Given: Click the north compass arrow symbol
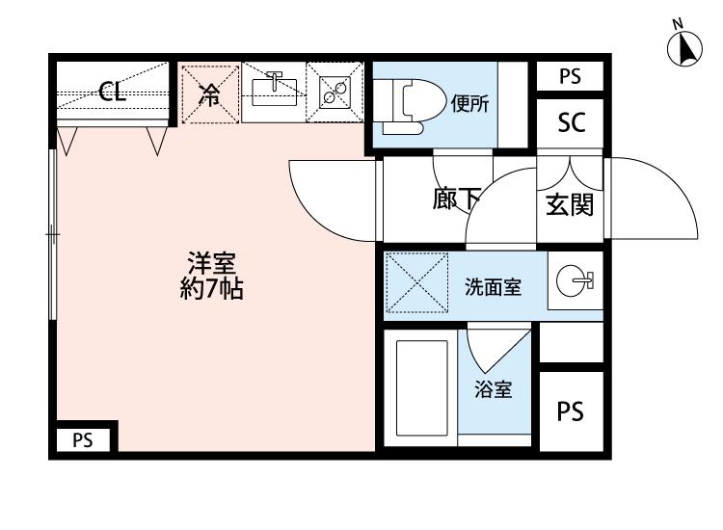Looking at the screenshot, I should [x=686, y=48].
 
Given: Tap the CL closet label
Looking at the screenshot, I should [x=112, y=93].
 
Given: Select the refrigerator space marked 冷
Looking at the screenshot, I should [x=208, y=93].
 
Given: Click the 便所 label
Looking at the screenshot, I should [x=469, y=105].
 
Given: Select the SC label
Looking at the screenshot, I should [x=572, y=122].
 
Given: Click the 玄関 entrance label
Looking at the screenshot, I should [x=569, y=204].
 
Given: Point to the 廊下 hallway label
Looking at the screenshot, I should [x=456, y=200].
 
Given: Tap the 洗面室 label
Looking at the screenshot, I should [x=493, y=286].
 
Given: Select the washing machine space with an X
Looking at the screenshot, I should [x=416, y=283].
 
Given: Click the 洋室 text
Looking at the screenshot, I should [x=212, y=263].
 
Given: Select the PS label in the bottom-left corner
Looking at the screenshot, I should [x=83, y=440].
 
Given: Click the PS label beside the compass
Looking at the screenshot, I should [x=572, y=75].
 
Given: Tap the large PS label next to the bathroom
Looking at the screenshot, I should [x=571, y=411].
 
